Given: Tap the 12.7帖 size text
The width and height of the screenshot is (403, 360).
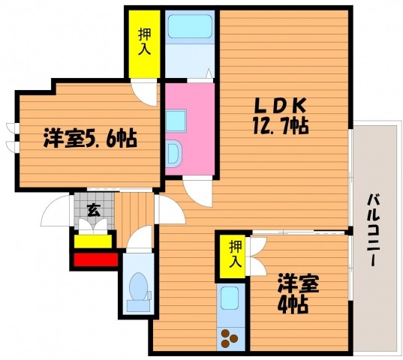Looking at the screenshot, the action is tap(281, 125).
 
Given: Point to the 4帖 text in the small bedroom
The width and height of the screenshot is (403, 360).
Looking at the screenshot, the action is tap(292, 305).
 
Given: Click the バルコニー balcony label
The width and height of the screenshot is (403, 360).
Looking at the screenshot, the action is tap(373, 229).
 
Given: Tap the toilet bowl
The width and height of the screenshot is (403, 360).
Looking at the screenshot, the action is tap(139, 292).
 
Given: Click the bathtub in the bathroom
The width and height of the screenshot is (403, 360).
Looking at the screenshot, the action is tap(190, 26).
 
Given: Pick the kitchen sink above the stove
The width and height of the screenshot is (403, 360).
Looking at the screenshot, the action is tap(229, 295).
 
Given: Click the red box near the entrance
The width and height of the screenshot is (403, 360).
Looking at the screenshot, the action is tap(96, 259).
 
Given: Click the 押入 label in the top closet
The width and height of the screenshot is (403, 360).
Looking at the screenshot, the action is tap(144, 41).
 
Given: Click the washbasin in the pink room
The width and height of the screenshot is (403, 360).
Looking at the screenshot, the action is tap(174, 154).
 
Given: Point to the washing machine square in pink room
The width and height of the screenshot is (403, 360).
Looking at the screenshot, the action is tap(176, 121).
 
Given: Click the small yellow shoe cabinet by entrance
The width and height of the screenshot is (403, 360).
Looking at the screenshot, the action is tap(93, 241).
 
